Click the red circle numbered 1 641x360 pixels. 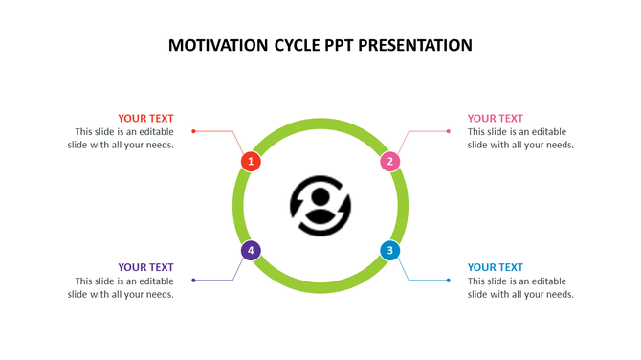[251, 162]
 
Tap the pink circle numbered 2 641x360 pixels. [389, 162]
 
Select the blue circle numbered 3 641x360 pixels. [389, 251]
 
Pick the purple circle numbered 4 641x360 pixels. [251, 251]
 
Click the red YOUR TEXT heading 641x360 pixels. [145, 119]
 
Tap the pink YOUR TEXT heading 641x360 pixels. [496, 119]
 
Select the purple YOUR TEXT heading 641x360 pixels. [145, 267]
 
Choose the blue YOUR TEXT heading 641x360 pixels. [496, 267]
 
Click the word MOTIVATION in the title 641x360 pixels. [218, 45]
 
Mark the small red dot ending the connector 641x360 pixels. [193, 131]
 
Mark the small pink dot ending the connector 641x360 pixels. [448, 131]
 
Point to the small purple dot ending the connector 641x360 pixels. [193, 281]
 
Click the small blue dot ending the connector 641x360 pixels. [448, 281]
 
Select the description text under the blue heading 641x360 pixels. [520, 288]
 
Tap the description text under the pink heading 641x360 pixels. [520, 139]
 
